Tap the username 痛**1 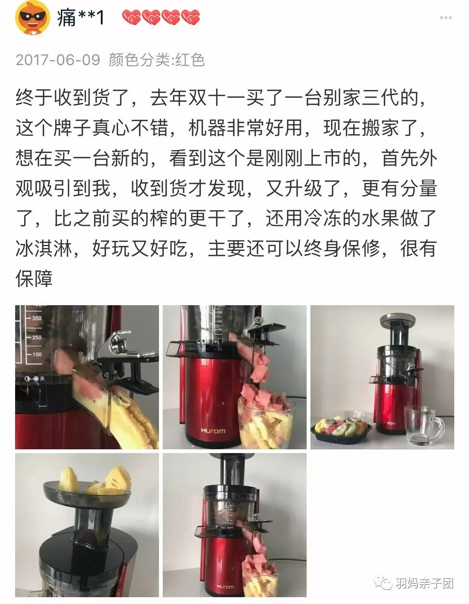tap(80, 17)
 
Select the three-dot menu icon tap(446, 18)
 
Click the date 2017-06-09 tap(58, 60)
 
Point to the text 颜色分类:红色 tap(157, 60)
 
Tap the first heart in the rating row tap(132, 17)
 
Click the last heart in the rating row tap(190, 17)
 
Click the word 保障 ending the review tap(34, 278)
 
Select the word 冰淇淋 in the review tap(44, 248)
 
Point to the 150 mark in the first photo tap(36, 354)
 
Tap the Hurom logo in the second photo tap(213, 431)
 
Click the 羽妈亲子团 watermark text tap(424, 583)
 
